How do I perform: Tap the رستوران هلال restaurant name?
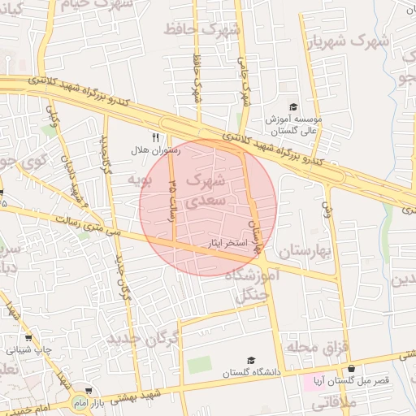point(152,151)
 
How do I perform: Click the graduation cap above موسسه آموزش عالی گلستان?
point(293,106)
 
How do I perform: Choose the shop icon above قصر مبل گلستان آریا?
point(351,368)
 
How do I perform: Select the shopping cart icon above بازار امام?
point(88,391)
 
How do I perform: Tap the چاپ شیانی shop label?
point(30,350)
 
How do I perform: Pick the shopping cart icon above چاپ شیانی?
point(29,338)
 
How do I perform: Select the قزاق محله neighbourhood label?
point(318,347)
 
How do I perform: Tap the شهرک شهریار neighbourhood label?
point(354,39)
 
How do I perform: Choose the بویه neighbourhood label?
point(141,180)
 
